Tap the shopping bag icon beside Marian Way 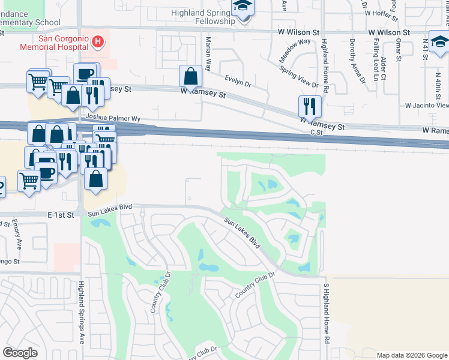190,76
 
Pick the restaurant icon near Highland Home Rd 310,107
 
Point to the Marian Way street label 208,53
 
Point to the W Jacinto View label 426,105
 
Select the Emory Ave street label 18,235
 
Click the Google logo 20,353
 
